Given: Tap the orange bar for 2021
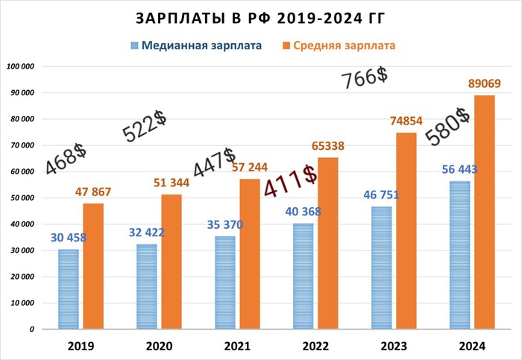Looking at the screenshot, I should coord(250,253).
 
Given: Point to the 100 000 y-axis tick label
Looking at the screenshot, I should coord(21,67).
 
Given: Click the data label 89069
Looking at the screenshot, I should coord(483,83).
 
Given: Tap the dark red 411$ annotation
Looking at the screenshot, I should coord(292,182).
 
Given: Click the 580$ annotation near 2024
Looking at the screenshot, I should coord(447,127).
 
